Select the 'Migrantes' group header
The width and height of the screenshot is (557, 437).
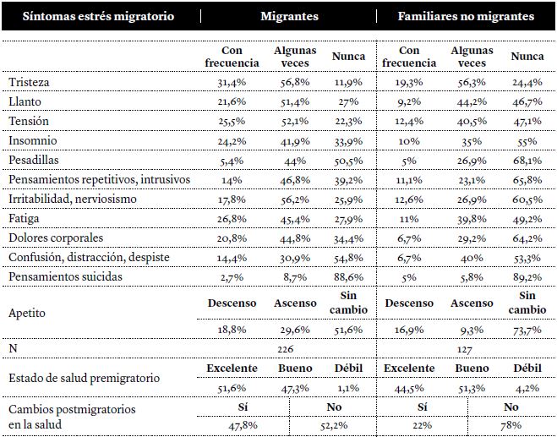290,16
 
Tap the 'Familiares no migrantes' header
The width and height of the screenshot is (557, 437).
466,16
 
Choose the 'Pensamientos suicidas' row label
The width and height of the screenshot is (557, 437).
66,276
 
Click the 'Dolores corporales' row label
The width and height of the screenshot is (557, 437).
57,238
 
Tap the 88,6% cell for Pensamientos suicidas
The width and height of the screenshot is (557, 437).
349,277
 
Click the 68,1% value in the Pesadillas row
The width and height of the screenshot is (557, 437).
527,161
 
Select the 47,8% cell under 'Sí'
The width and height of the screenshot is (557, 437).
243,425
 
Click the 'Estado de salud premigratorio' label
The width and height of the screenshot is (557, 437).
85,378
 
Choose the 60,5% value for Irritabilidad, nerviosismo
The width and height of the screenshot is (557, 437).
527,199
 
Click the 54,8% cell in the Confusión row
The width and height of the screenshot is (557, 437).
349,258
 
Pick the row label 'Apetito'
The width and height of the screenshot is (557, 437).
27,312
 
